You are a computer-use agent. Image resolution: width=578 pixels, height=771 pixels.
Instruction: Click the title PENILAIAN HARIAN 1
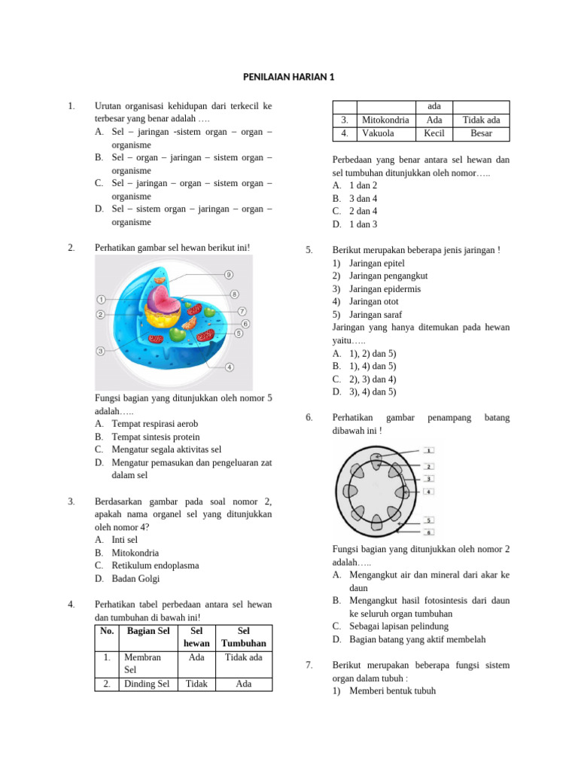click(x=289, y=77)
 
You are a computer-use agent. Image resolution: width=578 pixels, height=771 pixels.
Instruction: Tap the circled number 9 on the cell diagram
click(x=228, y=275)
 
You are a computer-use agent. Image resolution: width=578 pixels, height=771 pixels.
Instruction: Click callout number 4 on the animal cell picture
click(x=229, y=367)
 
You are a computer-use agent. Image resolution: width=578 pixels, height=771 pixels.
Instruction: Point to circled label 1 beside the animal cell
click(x=101, y=299)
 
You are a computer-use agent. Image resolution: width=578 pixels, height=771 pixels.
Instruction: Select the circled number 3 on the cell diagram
click(x=100, y=350)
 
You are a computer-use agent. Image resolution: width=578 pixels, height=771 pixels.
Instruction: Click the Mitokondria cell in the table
click(x=385, y=120)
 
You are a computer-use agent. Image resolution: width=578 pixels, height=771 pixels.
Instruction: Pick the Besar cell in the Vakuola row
click(x=481, y=133)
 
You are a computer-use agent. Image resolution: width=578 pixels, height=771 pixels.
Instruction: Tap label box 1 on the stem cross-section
click(x=428, y=450)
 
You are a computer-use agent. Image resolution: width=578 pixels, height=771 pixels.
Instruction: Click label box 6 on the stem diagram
click(x=428, y=532)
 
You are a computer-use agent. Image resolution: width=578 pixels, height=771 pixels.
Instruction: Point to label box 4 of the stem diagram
click(x=428, y=492)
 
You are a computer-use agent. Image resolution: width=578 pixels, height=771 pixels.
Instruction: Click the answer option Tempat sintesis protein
click(x=156, y=436)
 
